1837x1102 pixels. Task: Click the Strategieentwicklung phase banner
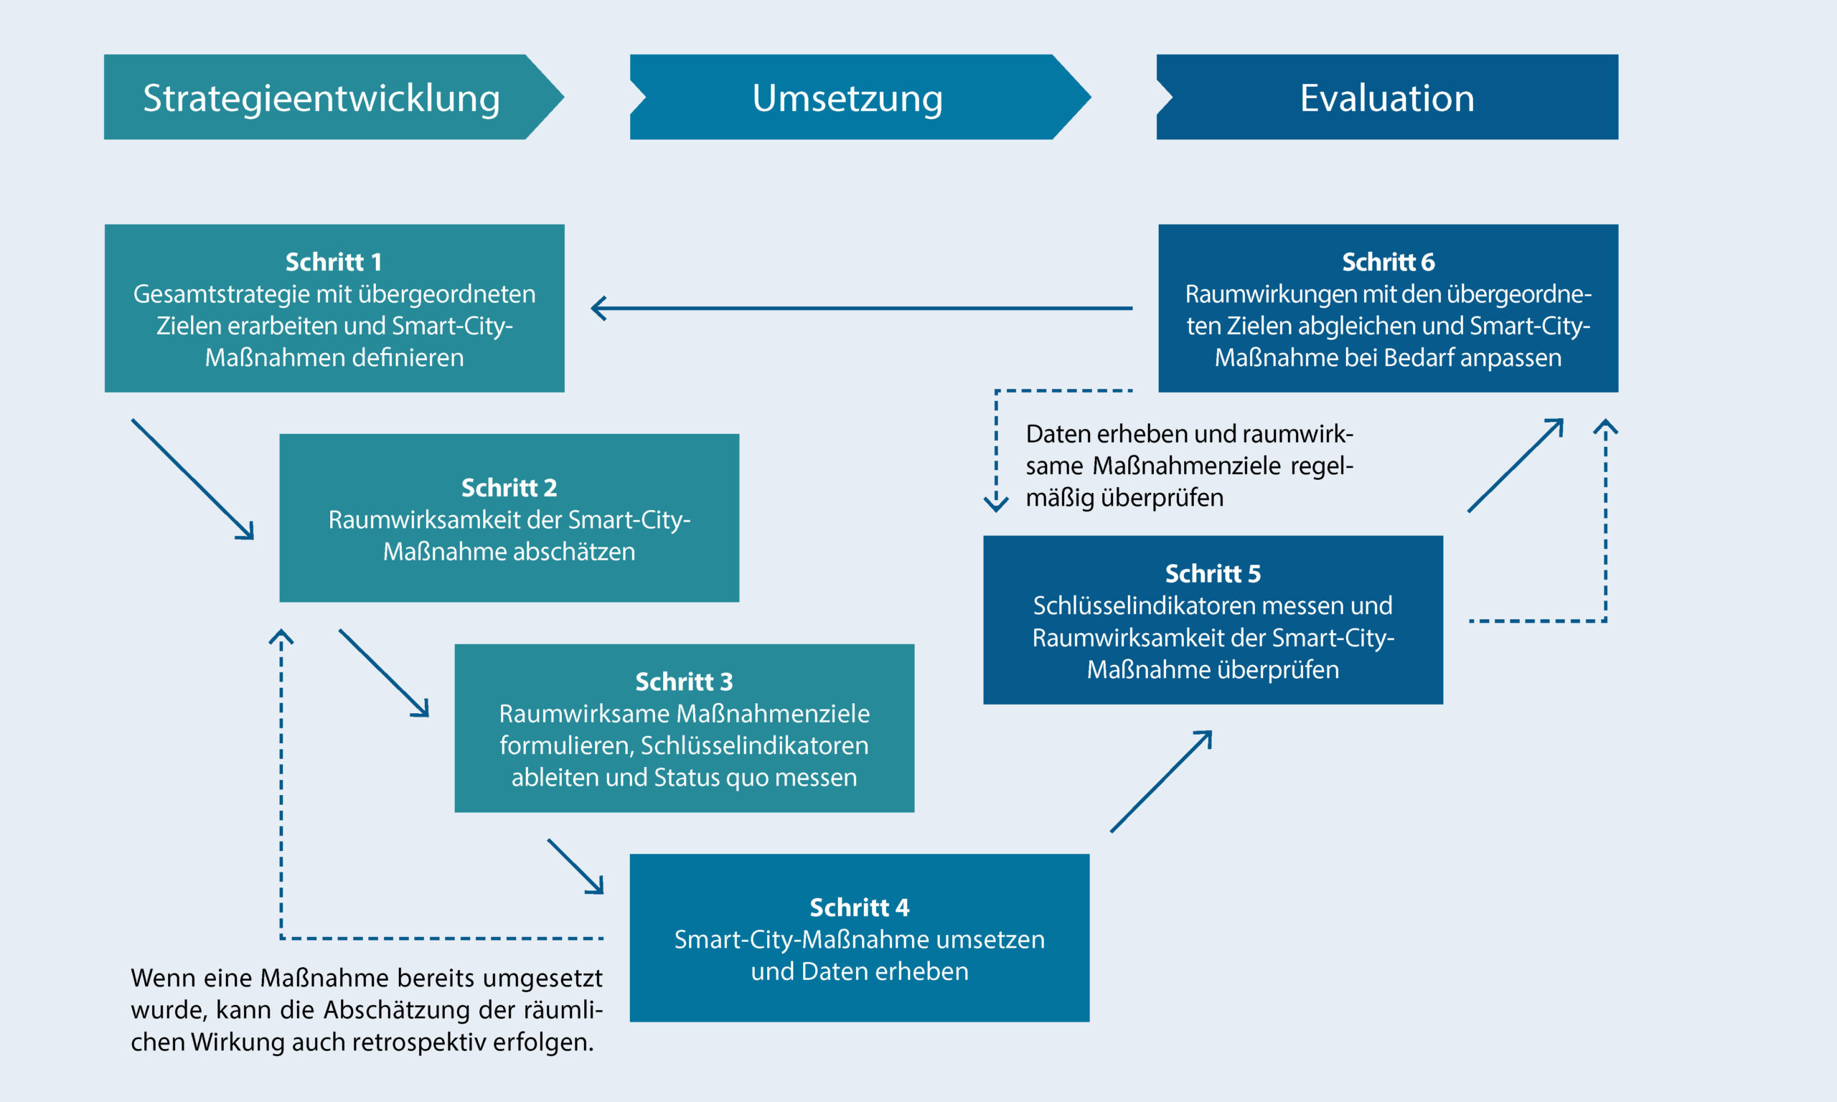[x=321, y=98]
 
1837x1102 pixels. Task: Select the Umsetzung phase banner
[x=847, y=98]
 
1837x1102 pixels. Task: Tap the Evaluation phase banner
[x=1387, y=98]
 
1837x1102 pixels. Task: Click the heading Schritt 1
[x=334, y=262]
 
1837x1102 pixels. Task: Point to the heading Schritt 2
[x=509, y=488]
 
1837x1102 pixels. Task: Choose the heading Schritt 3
[x=684, y=682]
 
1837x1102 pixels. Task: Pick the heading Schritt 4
[x=859, y=908]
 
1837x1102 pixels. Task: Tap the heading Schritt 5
[x=1213, y=574]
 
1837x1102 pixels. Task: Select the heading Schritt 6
[x=1388, y=262]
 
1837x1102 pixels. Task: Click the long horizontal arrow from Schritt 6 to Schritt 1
[x=861, y=308]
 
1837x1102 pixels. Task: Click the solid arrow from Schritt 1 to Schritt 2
[x=193, y=480]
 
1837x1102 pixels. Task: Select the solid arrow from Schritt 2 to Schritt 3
[x=384, y=674]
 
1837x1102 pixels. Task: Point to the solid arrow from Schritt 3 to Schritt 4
[x=575, y=867]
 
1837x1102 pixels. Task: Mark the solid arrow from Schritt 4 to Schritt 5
[x=1161, y=781]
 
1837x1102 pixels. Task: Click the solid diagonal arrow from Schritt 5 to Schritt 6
[x=1516, y=466]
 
